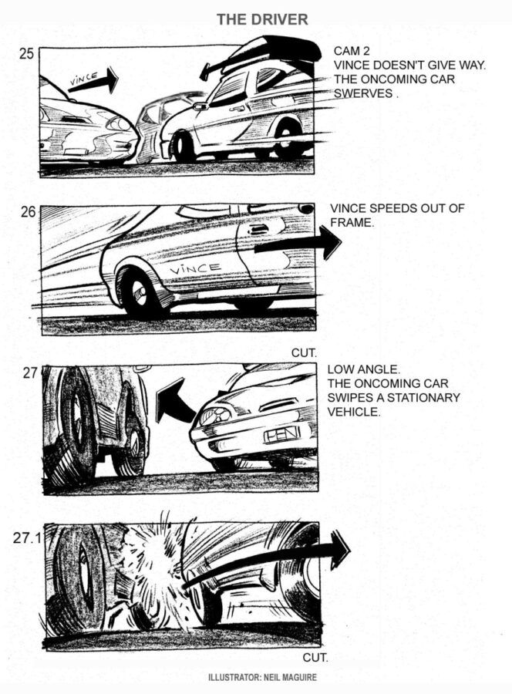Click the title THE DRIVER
[x=262, y=19]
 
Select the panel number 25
[x=26, y=54]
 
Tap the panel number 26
[x=28, y=212]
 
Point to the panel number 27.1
[x=27, y=537]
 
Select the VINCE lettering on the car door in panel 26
[x=195, y=268]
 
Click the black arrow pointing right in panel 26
[x=298, y=244]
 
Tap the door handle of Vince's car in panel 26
[x=258, y=230]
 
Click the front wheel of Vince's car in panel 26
[x=140, y=292]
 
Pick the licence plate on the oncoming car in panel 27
[x=282, y=435]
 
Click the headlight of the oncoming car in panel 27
[x=216, y=416]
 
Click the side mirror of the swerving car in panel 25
[x=201, y=106]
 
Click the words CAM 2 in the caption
[x=352, y=52]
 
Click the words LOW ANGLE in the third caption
[x=363, y=369]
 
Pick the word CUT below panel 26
[x=304, y=352]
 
